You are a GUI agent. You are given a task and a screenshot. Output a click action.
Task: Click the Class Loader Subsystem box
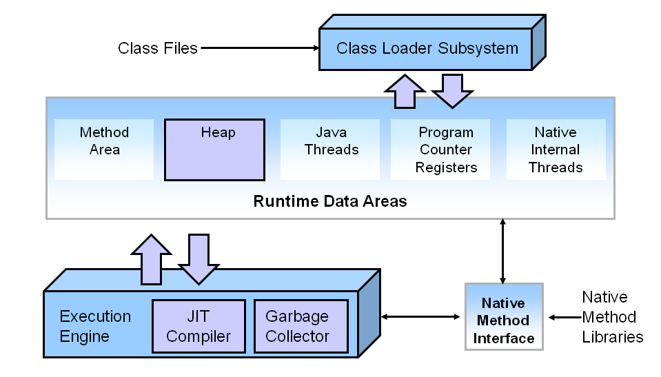tap(426, 48)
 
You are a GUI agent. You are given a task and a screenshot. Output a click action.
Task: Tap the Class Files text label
tap(158, 48)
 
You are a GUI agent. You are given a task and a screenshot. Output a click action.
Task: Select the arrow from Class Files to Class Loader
tap(258, 48)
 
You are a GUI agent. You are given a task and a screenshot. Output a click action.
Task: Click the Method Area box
tap(104, 149)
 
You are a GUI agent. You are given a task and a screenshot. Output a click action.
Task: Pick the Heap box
tap(214, 149)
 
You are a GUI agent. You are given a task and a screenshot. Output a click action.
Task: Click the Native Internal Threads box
tap(556, 150)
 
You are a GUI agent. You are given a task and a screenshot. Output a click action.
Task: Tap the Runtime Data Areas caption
tap(330, 202)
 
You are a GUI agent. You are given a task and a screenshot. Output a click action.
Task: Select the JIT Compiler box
tap(199, 327)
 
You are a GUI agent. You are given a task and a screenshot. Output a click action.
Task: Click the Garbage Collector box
tap(297, 327)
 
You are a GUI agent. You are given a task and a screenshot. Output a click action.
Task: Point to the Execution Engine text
tap(95, 327)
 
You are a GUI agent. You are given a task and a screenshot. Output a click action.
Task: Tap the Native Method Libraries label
tap(612, 317)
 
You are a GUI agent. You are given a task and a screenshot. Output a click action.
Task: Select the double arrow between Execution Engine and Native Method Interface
tap(420, 316)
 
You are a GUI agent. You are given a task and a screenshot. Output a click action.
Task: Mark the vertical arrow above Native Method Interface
tap(503, 251)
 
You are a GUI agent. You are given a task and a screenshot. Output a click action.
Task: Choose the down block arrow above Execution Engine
tap(199, 258)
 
